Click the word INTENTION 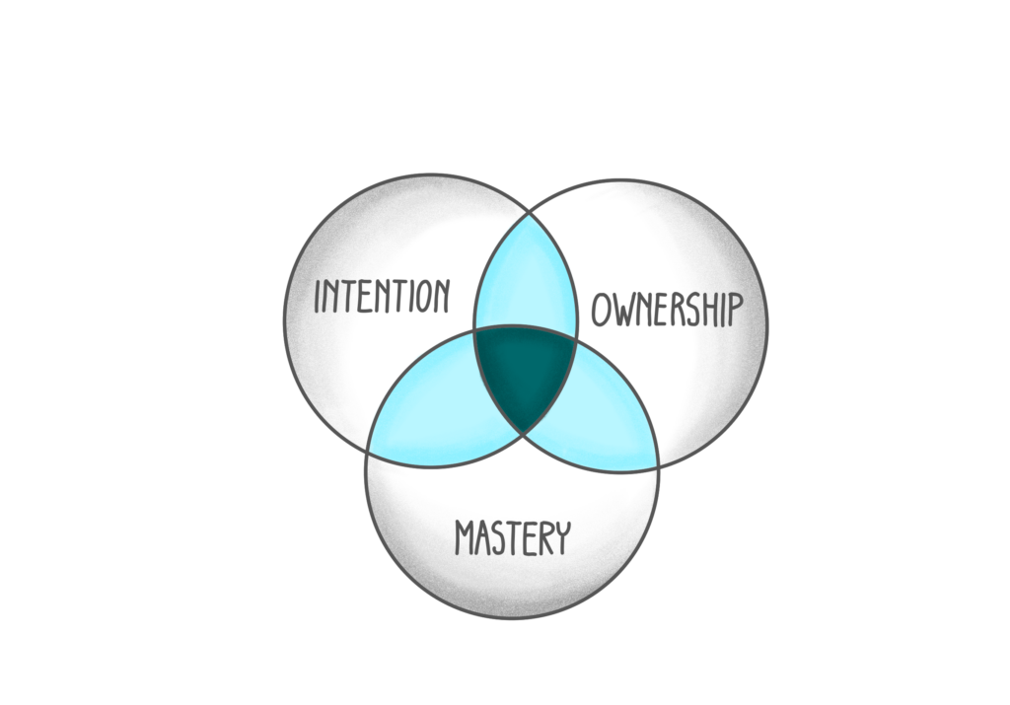381,296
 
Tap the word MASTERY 512,538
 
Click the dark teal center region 525,374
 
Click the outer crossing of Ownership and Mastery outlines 658,465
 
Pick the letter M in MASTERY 463,539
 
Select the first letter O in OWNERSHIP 601,311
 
